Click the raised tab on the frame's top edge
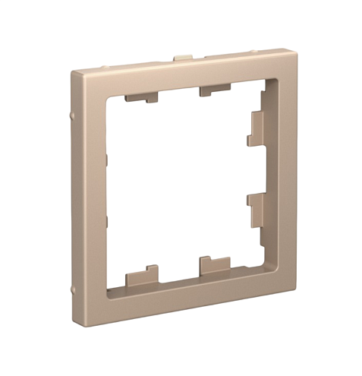(182, 58)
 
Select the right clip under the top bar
(215, 91)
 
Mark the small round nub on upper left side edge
(70, 114)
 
